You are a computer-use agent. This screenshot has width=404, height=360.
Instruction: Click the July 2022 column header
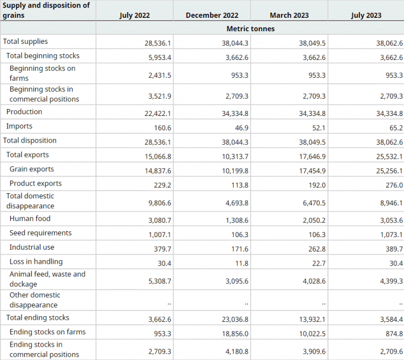(x=134, y=15)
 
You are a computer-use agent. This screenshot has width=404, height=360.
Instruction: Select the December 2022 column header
(x=212, y=15)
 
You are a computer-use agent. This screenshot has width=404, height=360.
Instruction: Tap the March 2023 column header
(x=289, y=15)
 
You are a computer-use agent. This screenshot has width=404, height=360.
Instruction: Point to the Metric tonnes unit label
(x=250, y=29)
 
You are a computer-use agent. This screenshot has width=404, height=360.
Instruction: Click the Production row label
(x=24, y=112)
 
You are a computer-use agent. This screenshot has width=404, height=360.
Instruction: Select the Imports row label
(x=19, y=126)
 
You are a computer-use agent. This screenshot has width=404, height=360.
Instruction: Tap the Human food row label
(x=30, y=219)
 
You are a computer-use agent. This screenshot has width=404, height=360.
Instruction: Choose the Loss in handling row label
(x=36, y=261)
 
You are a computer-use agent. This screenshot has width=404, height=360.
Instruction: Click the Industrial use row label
(x=32, y=247)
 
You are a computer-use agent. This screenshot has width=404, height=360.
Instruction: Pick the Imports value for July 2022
(x=163, y=127)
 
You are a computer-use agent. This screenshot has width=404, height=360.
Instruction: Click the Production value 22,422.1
(x=158, y=114)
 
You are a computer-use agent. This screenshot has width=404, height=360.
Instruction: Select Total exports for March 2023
(x=312, y=156)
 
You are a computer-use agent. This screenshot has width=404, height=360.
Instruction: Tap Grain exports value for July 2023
(x=390, y=171)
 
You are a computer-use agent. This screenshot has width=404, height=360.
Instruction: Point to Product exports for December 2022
(x=240, y=185)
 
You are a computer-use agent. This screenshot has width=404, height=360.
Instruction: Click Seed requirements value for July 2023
(x=391, y=235)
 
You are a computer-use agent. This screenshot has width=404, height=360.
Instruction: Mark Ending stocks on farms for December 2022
(x=235, y=333)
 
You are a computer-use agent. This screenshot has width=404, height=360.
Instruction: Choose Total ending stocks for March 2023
(x=312, y=319)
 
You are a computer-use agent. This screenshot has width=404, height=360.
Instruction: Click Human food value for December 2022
(x=237, y=220)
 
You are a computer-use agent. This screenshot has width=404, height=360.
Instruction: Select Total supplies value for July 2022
(x=158, y=43)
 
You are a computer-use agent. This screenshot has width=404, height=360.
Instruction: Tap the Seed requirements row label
(x=41, y=233)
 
